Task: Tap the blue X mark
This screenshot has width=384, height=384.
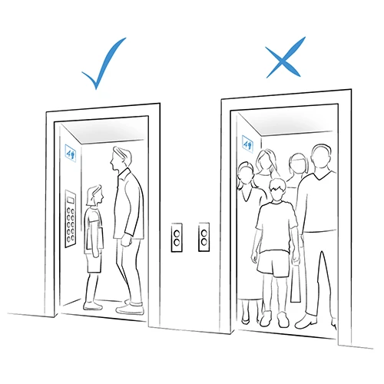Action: tap(284, 61)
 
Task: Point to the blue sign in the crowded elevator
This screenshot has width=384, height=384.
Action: tap(248, 142)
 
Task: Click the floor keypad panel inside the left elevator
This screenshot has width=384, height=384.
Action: tap(71, 218)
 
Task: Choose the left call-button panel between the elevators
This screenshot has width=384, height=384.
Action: tap(177, 237)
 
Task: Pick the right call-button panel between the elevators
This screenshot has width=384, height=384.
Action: tap(204, 237)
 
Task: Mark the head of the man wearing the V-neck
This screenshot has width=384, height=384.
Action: tap(320, 159)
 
